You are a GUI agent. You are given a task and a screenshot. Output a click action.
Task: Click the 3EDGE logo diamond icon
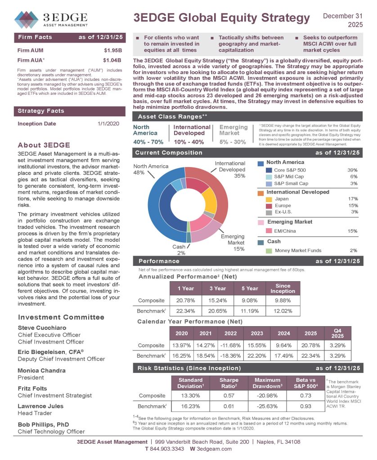(x=27, y=20)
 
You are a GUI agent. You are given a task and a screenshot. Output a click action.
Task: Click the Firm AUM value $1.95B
(x=112, y=50)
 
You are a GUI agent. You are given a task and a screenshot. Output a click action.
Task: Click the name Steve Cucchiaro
(x=42, y=327)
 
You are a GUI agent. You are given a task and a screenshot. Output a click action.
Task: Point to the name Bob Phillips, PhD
(x=43, y=424)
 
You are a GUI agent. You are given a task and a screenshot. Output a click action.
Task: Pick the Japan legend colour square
(x=269, y=199)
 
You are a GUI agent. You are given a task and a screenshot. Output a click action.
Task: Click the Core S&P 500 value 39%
(x=352, y=170)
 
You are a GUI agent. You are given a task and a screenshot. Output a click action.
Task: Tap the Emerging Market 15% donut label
(x=233, y=242)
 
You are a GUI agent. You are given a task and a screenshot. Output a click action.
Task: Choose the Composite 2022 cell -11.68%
(x=230, y=345)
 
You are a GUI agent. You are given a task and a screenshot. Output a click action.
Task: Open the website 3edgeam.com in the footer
(x=214, y=449)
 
